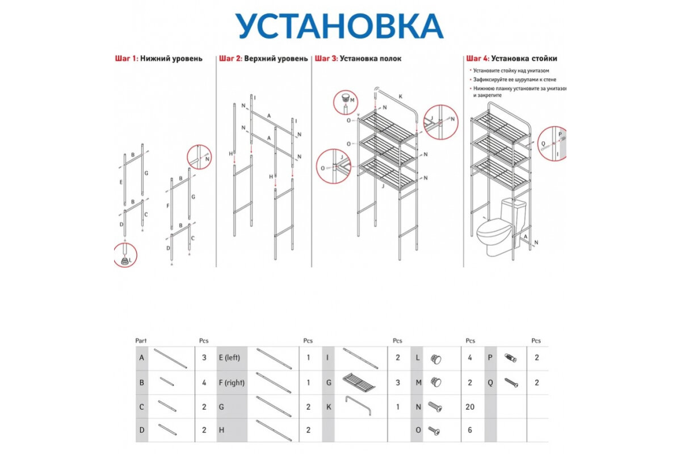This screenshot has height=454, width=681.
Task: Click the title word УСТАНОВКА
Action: [x=339, y=26]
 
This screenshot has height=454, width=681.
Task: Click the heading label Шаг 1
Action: [x=126, y=58]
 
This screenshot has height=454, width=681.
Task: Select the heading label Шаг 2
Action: [x=230, y=58]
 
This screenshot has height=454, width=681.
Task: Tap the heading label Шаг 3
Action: [x=326, y=58]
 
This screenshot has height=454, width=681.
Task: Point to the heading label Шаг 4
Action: [x=477, y=58]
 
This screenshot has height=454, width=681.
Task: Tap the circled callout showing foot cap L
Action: [x=125, y=255]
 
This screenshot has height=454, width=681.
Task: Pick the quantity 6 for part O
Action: [x=470, y=430]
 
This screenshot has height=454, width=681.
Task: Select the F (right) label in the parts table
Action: [x=232, y=382]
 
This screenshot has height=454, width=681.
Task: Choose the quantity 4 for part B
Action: [x=204, y=382]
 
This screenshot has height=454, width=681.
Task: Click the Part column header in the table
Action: [x=141, y=341]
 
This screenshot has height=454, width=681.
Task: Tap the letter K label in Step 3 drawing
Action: [x=400, y=97]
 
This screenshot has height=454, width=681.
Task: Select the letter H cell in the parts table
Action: [x=221, y=430]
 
